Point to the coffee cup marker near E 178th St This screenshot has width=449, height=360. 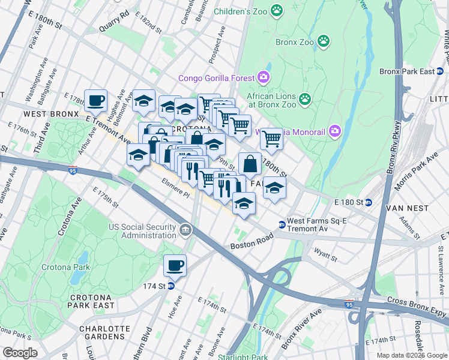(x=95, y=100)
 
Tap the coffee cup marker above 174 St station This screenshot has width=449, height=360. (x=175, y=265)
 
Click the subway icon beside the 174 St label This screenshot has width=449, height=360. (x=171, y=286)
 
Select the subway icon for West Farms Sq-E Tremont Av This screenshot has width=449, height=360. (x=281, y=224)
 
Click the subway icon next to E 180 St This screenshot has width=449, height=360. (x=370, y=202)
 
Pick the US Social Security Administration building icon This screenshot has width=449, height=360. (x=186, y=228)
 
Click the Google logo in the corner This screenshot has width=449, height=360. (x=20, y=353)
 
